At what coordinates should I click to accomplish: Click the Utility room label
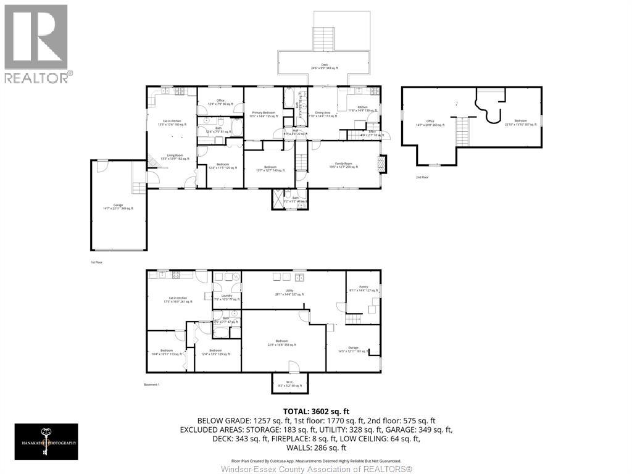click(289, 291)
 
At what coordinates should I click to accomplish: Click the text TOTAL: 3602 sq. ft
click(316, 410)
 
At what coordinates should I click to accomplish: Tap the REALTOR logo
click(36, 43)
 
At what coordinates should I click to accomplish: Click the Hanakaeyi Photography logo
click(47, 441)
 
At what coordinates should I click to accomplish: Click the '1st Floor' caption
click(96, 262)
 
